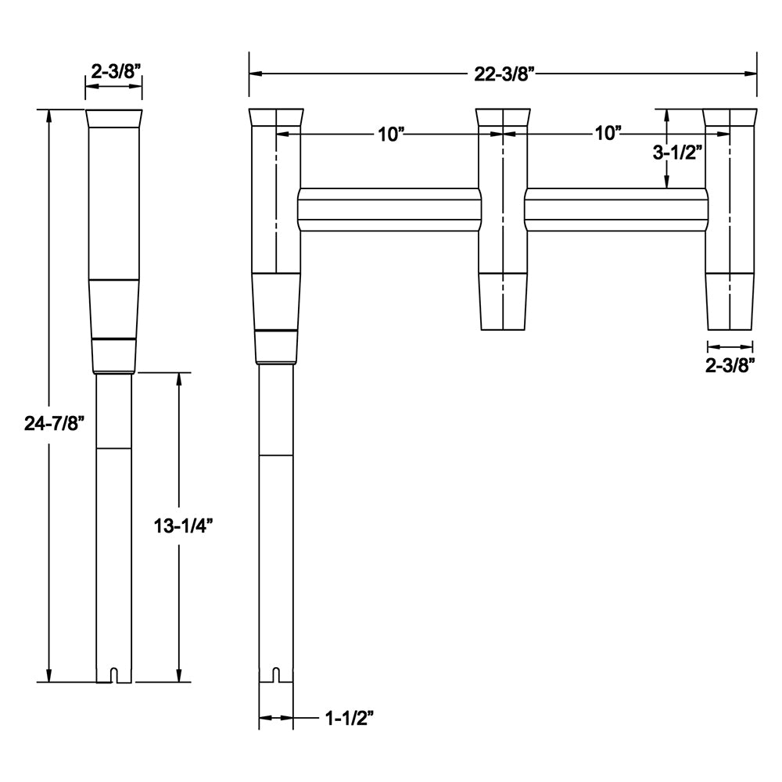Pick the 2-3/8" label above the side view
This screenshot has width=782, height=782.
[x=115, y=70]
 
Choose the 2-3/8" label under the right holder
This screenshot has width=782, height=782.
[x=731, y=364]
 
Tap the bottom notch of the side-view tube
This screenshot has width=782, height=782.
[x=114, y=674]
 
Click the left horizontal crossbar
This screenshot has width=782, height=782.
[x=389, y=210]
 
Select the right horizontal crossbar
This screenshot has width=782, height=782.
[x=615, y=210]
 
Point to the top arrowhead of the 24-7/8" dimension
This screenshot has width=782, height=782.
[x=50, y=116]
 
